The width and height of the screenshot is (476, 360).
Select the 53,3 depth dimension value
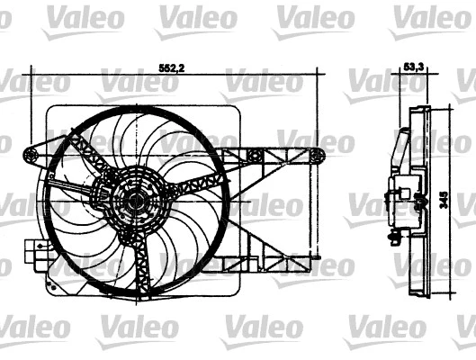coord(413,66)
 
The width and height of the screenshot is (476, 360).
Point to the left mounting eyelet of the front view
coord(32,157)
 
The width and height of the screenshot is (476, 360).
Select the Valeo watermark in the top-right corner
coord(428,16)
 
